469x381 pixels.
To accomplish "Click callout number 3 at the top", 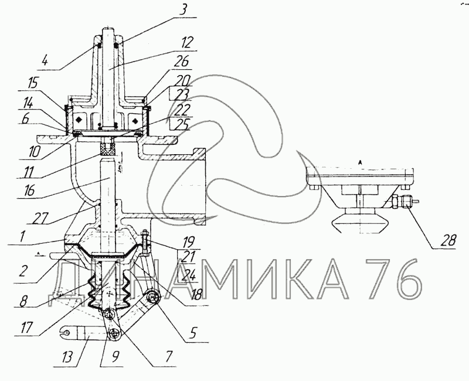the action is (x=183, y=9).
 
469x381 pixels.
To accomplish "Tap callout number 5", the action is (x=193, y=332).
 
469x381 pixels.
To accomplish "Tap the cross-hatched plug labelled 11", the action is (x=108, y=149).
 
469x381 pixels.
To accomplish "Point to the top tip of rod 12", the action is (x=108, y=28).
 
